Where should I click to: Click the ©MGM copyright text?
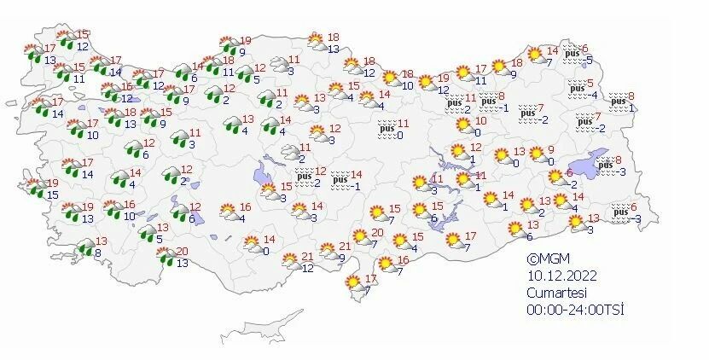tap(549, 259)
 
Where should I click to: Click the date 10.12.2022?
tap(561, 276)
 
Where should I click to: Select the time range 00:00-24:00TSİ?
tap(575, 308)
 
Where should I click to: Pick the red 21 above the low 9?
tap(346, 247)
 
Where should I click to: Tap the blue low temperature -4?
tap(595, 95)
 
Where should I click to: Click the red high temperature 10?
tap(481, 121)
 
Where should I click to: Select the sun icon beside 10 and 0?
tap(463, 127)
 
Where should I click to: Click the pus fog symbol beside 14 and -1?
tap(340, 180)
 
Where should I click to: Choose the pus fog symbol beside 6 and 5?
tap(573, 54)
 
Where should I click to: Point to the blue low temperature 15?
tap(52, 195)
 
